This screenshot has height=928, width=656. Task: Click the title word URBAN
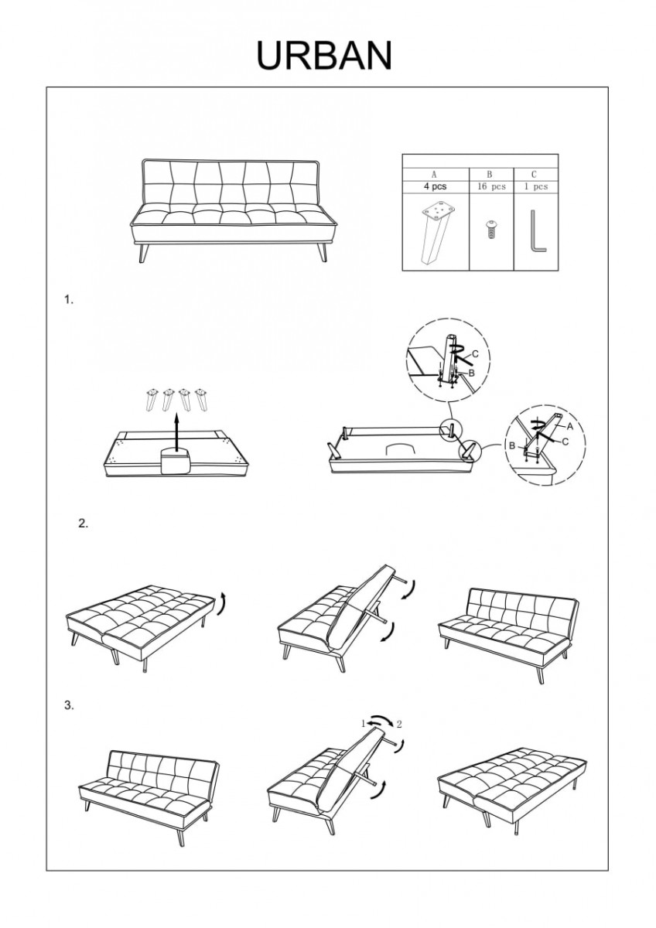325,56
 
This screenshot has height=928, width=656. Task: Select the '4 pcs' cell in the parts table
436,187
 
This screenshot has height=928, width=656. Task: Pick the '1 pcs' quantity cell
535,187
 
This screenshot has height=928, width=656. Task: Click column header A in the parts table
435,175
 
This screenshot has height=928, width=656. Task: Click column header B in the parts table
489,175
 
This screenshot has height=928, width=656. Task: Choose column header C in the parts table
535,175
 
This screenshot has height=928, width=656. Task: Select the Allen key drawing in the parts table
538,232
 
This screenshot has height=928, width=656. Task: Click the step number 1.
69,300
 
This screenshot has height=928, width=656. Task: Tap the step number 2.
84,524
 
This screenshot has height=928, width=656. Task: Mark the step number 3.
69,705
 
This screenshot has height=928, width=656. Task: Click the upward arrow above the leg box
176,428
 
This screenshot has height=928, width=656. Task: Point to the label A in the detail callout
569,426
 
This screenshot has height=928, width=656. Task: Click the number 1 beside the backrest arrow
361,724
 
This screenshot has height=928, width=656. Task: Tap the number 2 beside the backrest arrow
399,725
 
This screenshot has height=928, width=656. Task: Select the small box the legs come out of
175,461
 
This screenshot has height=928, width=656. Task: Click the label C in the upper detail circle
475,354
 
